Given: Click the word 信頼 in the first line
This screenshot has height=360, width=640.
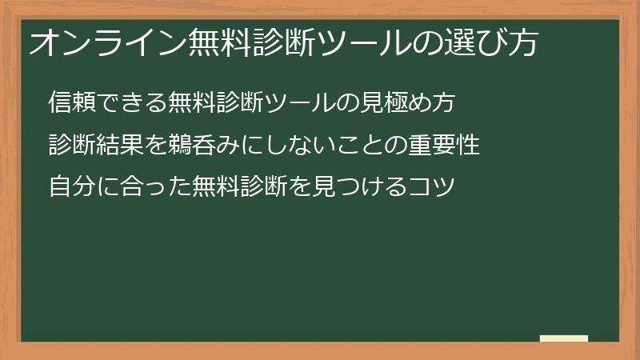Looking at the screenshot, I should coord(70,103).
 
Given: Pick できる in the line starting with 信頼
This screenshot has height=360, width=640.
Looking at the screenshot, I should coord(129,103).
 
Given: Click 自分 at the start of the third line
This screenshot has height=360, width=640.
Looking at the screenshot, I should coord(70,189).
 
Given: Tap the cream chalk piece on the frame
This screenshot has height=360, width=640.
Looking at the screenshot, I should coord(564,338).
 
